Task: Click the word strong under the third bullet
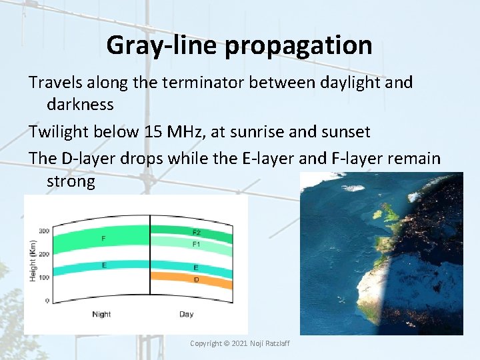[x=71, y=181]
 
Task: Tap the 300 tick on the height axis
[x=43, y=231]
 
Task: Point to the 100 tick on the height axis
[x=43, y=277]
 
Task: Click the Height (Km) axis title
[x=32, y=261]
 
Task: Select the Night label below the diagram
[x=101, y=314]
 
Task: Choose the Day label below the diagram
[x=186, y=314]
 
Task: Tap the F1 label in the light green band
[x=196, y=245]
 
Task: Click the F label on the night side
[x=103, y=238]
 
